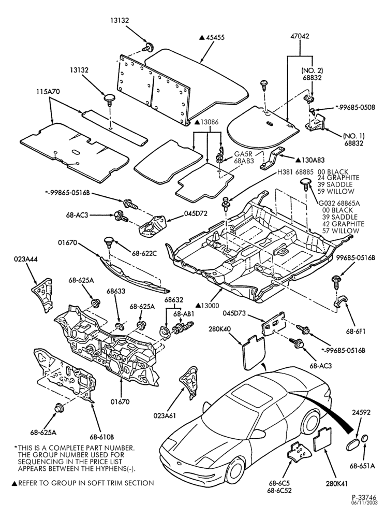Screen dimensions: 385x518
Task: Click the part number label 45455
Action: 215,37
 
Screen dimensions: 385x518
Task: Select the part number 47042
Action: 300,36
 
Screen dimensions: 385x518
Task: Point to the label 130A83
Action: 313,160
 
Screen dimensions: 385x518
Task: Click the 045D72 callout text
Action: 196,214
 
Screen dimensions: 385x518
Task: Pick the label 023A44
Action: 26,260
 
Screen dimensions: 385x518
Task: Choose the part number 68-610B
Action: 102,437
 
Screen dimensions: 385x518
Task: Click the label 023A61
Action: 164,415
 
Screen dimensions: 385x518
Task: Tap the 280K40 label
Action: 220,329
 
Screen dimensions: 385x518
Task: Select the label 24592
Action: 361,412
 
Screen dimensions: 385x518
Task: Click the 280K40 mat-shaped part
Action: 253,352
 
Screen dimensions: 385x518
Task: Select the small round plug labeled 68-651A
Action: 365,439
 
